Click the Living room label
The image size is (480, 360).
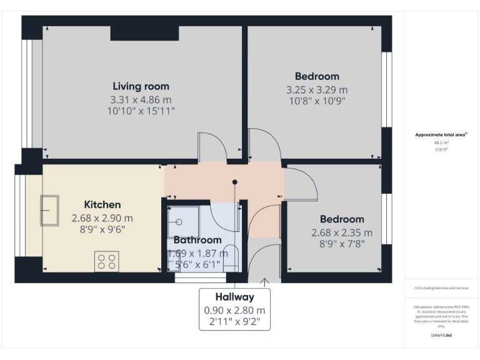pyautogui.click(x=141, y=86)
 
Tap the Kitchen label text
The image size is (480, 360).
pyautogui.click(x=102, y=204)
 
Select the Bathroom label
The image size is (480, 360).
pyautogui.click(x=197, y=240)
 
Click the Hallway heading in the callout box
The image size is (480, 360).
pyautogui.click(x=234, y=297)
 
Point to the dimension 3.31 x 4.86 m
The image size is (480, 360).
pyautogui.click(x=141, y=99)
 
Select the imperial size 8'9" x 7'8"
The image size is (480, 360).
pyautogui.click(x=342, y=244)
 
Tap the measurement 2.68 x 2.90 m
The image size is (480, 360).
pyautogui.click(x=102, y=218)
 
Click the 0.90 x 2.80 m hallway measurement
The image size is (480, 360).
pyautogui.click(x=234, y=311)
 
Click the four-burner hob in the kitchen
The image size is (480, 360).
pyautogui.click(x=106, y=261)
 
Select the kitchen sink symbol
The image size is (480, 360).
pyautogui.click(x=49, y=211)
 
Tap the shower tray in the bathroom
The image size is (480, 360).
pyautogui.click(x=183, y=221)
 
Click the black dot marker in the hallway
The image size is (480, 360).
pyautogui.click(x=235, y=182)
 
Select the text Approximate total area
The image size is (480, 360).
pyautogui.click(x=441, y=134)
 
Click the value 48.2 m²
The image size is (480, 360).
pyautogui.click(x=441, y=143)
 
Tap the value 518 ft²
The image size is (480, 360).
pyautogui.click(x=441, y=150)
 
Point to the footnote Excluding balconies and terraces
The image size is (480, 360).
pyautogui.click(x=441, y=288)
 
